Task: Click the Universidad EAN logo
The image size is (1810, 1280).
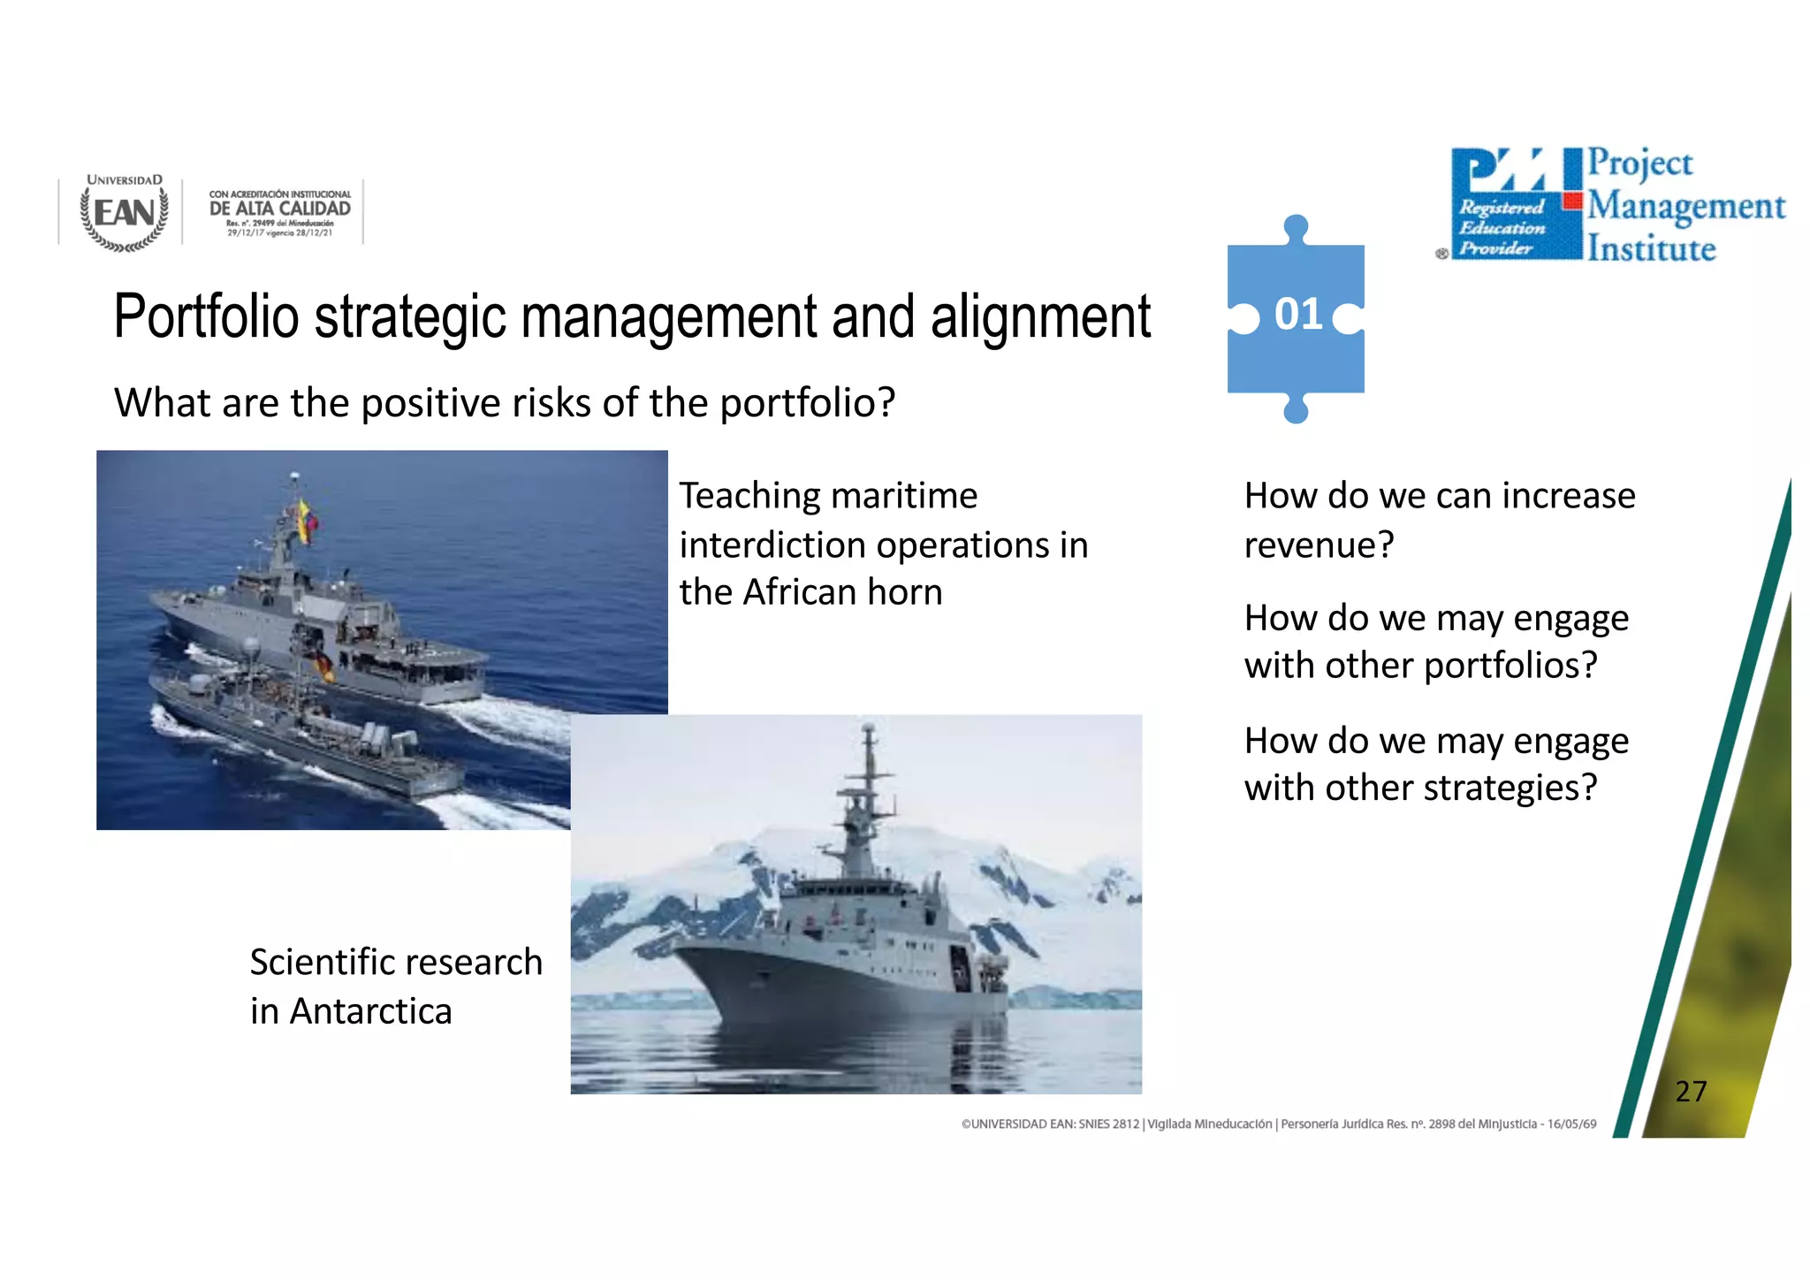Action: tap(124, 213)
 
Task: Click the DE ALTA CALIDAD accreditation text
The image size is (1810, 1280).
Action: tap(279, 209)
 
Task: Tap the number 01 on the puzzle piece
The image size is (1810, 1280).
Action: tap(1297, 315)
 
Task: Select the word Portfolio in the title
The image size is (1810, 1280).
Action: tap(206, 316)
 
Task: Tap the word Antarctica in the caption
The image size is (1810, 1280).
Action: tap(370, 1011)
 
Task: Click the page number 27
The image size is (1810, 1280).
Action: tap(1690, 1091)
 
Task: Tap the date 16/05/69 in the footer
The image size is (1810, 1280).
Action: tap(1571, 1124)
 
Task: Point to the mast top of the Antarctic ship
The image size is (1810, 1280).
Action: tap(869, 729)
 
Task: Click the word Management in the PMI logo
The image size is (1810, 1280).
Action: tap(1685, 207)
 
